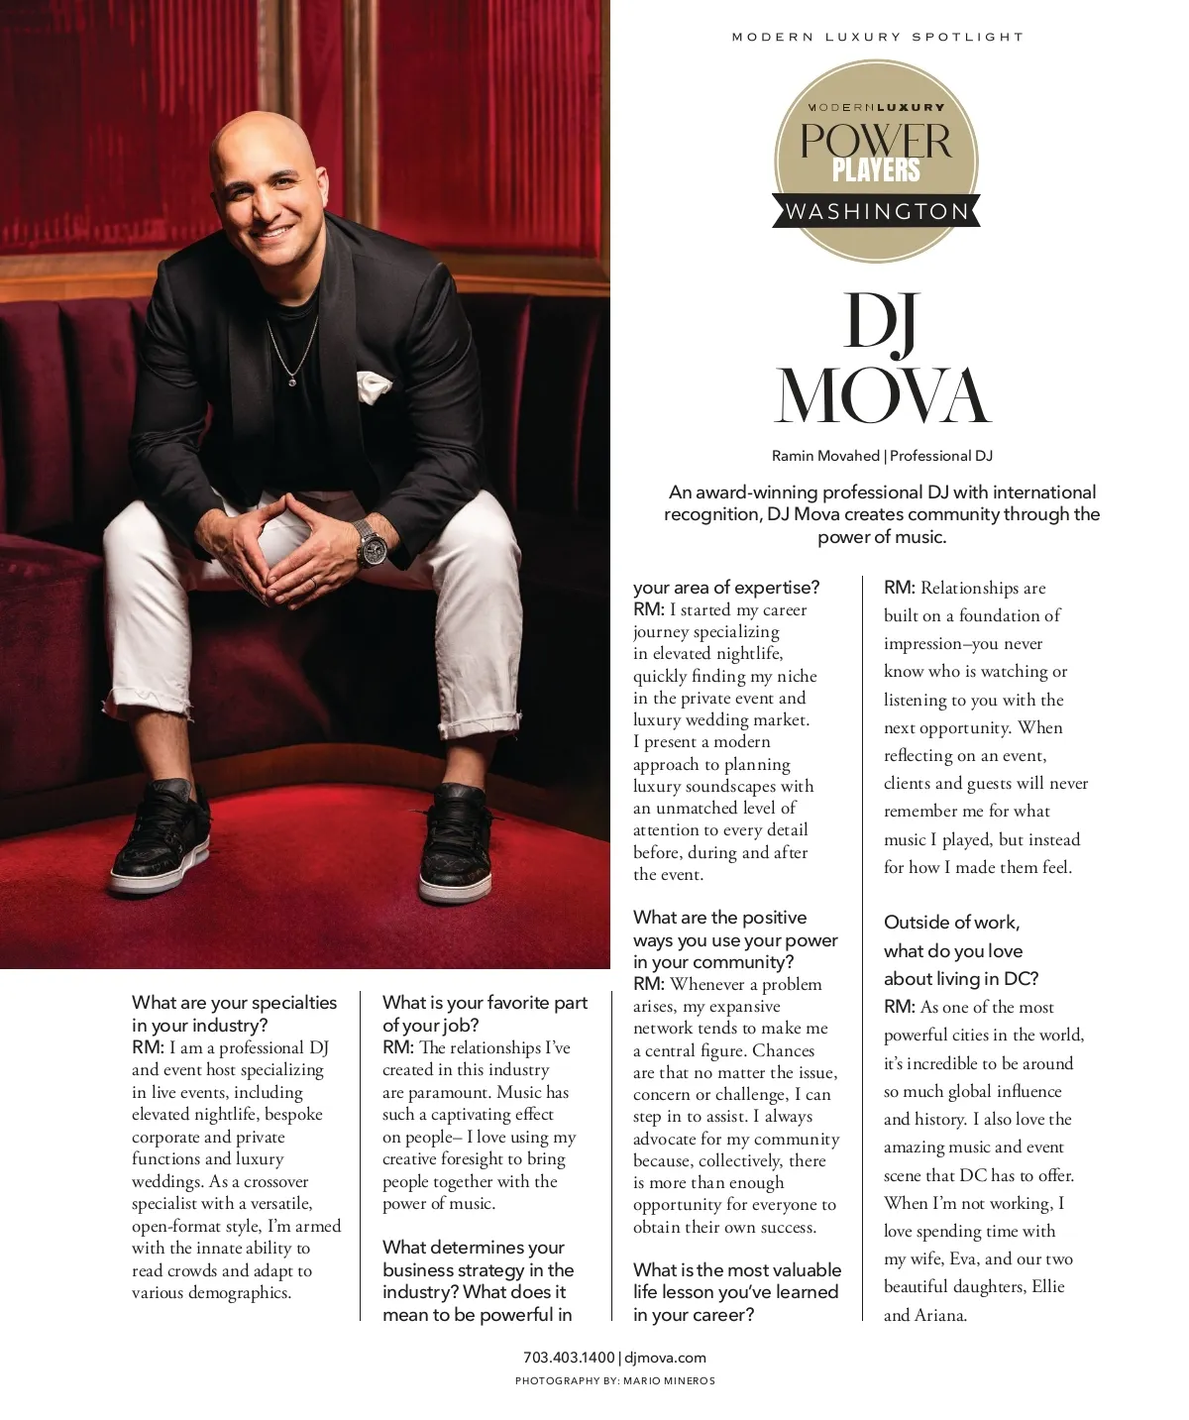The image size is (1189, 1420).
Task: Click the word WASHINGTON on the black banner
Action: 877,211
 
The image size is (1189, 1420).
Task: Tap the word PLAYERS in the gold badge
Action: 876,170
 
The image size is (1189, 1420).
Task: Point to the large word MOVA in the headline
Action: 882,396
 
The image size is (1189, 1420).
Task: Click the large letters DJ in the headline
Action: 881,323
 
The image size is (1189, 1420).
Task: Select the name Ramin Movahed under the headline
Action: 825,456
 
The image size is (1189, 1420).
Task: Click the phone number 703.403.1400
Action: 569,1358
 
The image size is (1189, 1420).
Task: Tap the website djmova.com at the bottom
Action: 665,1358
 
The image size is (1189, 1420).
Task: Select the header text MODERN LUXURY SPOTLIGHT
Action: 877,37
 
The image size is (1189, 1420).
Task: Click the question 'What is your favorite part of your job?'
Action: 485,1014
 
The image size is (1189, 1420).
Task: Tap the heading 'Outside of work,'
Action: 951,923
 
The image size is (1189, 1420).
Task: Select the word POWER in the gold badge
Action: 876,140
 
